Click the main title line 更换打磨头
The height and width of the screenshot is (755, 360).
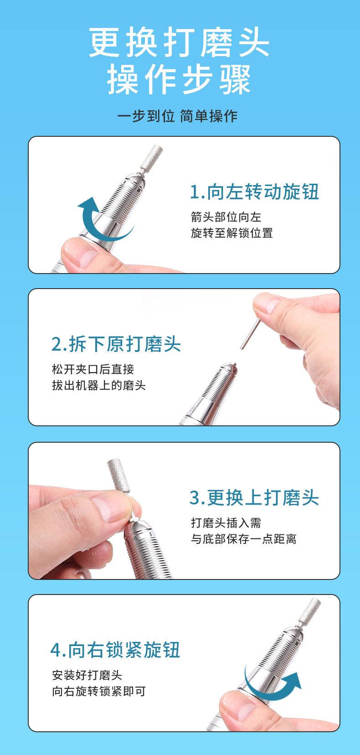[179, 42]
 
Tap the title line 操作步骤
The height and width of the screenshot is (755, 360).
[179, 79]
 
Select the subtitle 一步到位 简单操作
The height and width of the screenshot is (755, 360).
[177, 116]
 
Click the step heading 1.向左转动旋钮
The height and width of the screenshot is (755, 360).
[254, 192]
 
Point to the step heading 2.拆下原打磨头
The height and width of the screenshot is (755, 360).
[116, 344]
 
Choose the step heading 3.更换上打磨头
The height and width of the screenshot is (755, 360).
[254, 497]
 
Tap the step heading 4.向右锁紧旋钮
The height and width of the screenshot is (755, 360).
[115, 650]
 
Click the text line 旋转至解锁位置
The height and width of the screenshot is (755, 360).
[231, 233]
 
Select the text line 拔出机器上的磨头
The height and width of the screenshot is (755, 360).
[99, 385]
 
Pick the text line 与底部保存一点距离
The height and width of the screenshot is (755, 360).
[243, 538]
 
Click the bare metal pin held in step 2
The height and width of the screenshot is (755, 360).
[250, 334]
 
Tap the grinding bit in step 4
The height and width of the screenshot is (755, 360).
[310, 612]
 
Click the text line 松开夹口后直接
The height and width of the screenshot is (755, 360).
[93, 369]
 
